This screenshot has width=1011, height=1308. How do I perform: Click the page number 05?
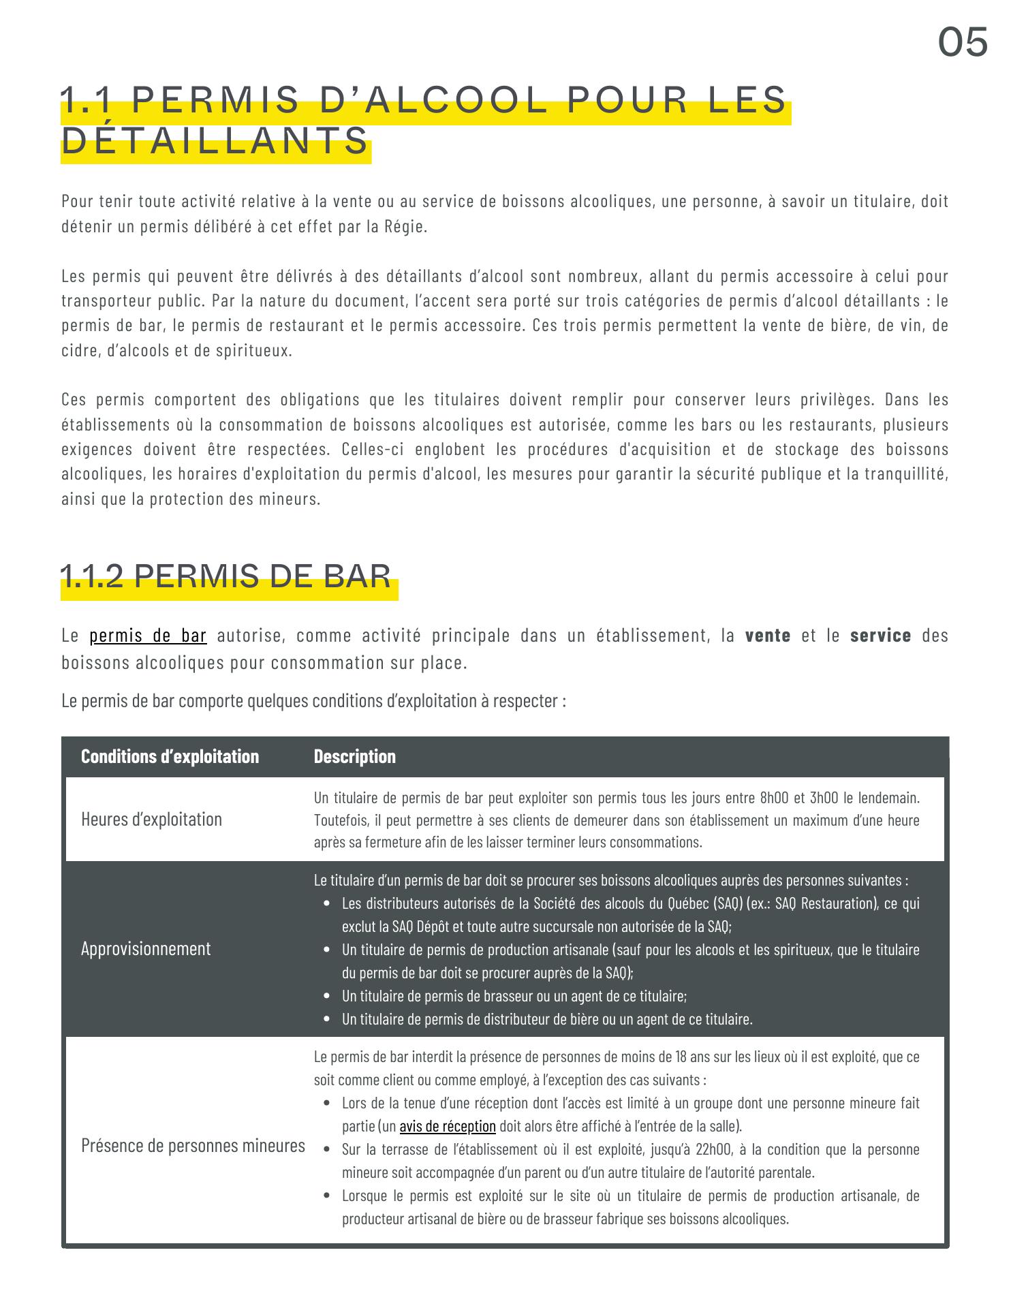963,42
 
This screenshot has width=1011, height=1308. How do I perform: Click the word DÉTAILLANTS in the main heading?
215,142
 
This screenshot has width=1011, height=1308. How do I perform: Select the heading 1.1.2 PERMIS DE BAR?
225,576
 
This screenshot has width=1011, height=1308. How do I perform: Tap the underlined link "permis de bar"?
148,636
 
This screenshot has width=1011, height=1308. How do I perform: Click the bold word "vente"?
768,636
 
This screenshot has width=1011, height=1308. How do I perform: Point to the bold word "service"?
880,636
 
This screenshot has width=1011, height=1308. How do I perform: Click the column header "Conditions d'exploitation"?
170,756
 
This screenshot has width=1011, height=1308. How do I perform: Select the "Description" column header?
354,756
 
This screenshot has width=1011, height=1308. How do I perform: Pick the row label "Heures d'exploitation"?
151,819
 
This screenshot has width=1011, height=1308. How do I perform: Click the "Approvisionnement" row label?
146,948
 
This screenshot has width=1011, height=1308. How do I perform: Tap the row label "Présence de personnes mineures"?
193,1145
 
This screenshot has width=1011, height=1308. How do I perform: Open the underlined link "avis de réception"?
448,1126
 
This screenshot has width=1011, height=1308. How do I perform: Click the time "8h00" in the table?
773,797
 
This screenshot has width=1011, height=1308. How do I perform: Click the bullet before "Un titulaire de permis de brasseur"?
328,996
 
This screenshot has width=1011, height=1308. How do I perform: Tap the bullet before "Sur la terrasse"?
328,1149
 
